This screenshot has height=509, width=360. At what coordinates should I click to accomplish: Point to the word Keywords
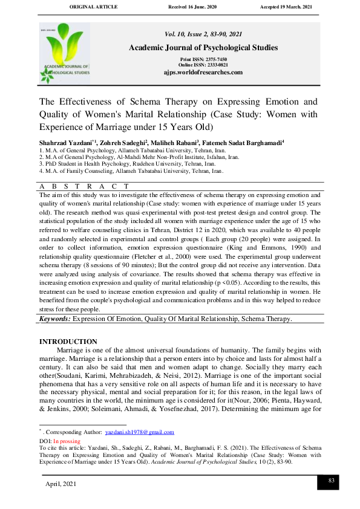point(56,319)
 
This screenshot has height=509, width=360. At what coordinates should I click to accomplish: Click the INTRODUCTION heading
point(68,342)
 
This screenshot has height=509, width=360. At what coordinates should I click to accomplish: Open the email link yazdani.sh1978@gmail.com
point(139,432)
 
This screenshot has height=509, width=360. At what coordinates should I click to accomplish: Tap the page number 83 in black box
point(331,481)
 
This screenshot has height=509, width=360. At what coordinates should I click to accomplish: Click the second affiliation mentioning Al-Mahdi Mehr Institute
point(139,156)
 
